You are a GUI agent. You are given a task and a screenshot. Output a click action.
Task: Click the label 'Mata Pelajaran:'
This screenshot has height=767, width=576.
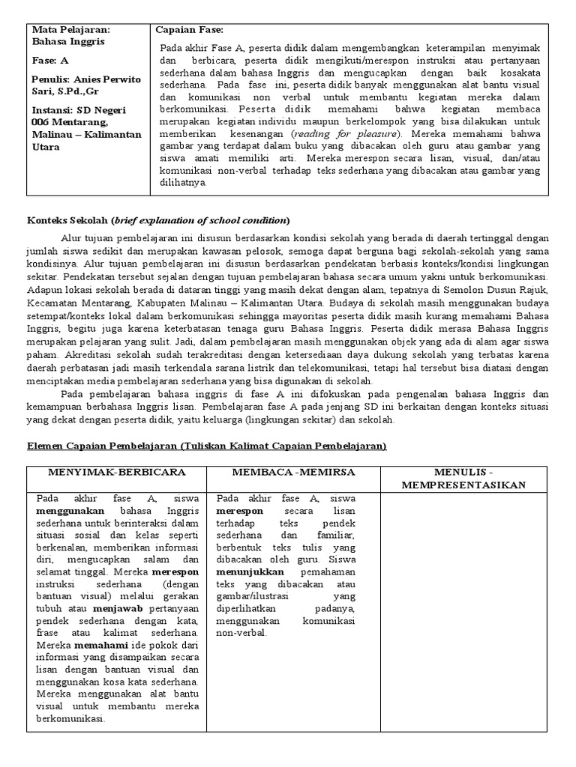70,30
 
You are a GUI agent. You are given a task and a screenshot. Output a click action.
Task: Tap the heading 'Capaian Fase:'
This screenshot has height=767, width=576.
189,30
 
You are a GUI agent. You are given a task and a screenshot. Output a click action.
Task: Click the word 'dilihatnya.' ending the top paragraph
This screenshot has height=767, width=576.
184,182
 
